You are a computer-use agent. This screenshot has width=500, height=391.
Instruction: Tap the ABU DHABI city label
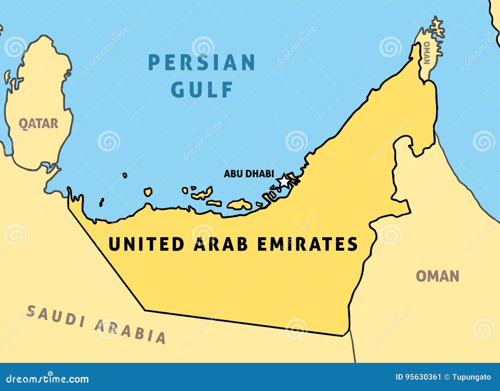tap(249, 174)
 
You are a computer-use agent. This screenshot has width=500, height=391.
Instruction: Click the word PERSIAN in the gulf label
tap(202, 63)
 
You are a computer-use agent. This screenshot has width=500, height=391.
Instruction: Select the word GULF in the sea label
tap(202, 90)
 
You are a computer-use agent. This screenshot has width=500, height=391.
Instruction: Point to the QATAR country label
tap(38, 124)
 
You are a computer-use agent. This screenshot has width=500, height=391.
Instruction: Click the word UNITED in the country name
tap(146, 244)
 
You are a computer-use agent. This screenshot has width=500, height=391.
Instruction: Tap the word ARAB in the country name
tap(221, 244)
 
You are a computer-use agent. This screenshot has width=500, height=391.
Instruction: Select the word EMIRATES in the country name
tap(307, 244)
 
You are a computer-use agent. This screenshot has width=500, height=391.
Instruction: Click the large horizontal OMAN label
tap(437, 277)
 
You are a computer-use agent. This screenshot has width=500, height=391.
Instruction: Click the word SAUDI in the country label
tap(52, 316)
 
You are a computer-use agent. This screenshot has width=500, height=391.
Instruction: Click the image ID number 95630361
tap(423, 377)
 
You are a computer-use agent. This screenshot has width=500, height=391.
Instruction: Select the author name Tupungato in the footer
tap(472, 377)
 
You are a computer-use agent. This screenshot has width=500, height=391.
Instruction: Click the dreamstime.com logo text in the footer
tap(47, 378)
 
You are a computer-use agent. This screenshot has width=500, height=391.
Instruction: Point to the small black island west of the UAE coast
tap(101, 202)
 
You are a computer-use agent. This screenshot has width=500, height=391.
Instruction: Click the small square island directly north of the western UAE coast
tap(148, 192)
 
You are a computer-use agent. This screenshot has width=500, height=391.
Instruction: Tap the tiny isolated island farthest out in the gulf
tap(125, 175)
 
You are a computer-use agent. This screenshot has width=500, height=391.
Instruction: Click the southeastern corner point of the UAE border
tap(344, 336)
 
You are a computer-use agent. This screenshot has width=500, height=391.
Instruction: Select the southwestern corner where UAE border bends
tap(145, 310)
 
